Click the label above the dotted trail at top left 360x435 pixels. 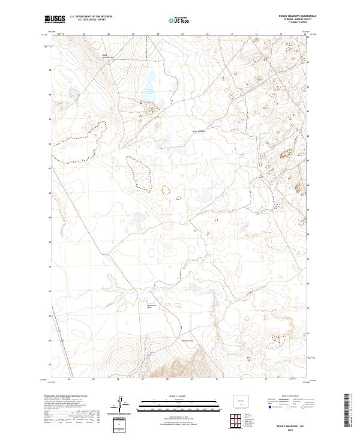(108, 58)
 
